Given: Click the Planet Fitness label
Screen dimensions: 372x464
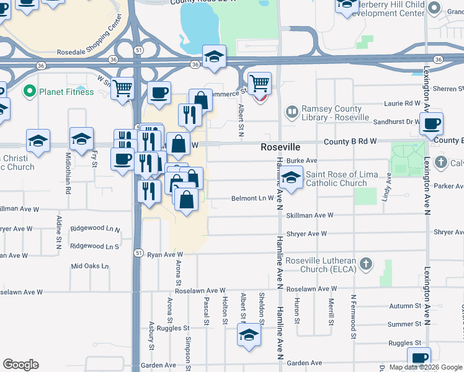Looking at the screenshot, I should (x=66, y=92).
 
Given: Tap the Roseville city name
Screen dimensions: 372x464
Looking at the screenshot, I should (x=280, y=148).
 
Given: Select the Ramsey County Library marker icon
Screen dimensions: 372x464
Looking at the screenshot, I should (x=292, y=112).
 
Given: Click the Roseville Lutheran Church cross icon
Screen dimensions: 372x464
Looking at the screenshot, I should (x=366, y=265).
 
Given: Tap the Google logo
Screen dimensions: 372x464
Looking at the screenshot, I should (x=20, y=365).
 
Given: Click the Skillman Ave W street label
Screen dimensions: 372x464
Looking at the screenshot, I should (x=310, y=215).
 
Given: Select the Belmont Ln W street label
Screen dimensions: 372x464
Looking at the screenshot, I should (x=252, y=198).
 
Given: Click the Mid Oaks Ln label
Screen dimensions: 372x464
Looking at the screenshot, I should (x=89, y=266).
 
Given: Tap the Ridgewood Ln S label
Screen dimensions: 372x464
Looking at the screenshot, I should (x=95, y=246).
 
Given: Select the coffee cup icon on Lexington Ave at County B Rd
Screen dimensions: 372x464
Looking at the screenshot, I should (x=432, y=123).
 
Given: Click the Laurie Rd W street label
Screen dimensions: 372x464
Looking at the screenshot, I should (x=403, y=103).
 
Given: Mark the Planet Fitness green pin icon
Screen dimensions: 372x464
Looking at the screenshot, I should (x=28, y=92).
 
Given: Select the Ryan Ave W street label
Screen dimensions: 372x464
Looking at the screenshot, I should (x=165, y=255).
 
